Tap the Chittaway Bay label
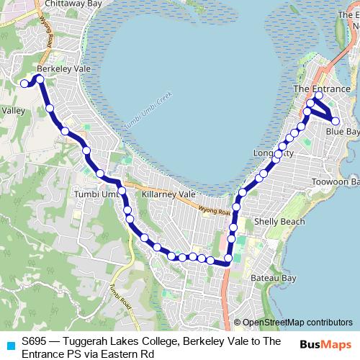(71, 4)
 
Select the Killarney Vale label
(168, 194)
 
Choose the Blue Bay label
(342, 132)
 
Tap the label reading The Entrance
(322, 89)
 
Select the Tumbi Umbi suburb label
(95, 194)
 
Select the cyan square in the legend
(9, 344)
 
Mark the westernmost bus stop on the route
(24, 84)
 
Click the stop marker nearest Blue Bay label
(336, 121)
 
